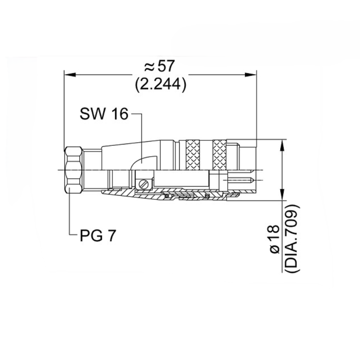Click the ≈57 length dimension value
[x=160, y=66]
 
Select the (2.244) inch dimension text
[x=161, y=85]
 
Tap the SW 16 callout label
[x=104, y=114]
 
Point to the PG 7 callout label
[x=98, y=235]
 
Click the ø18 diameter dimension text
[x=275, y=239]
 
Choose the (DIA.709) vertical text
[x=292, y=238]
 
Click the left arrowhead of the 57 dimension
[x=70, y=75]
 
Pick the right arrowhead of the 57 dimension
[x=251, y=75]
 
